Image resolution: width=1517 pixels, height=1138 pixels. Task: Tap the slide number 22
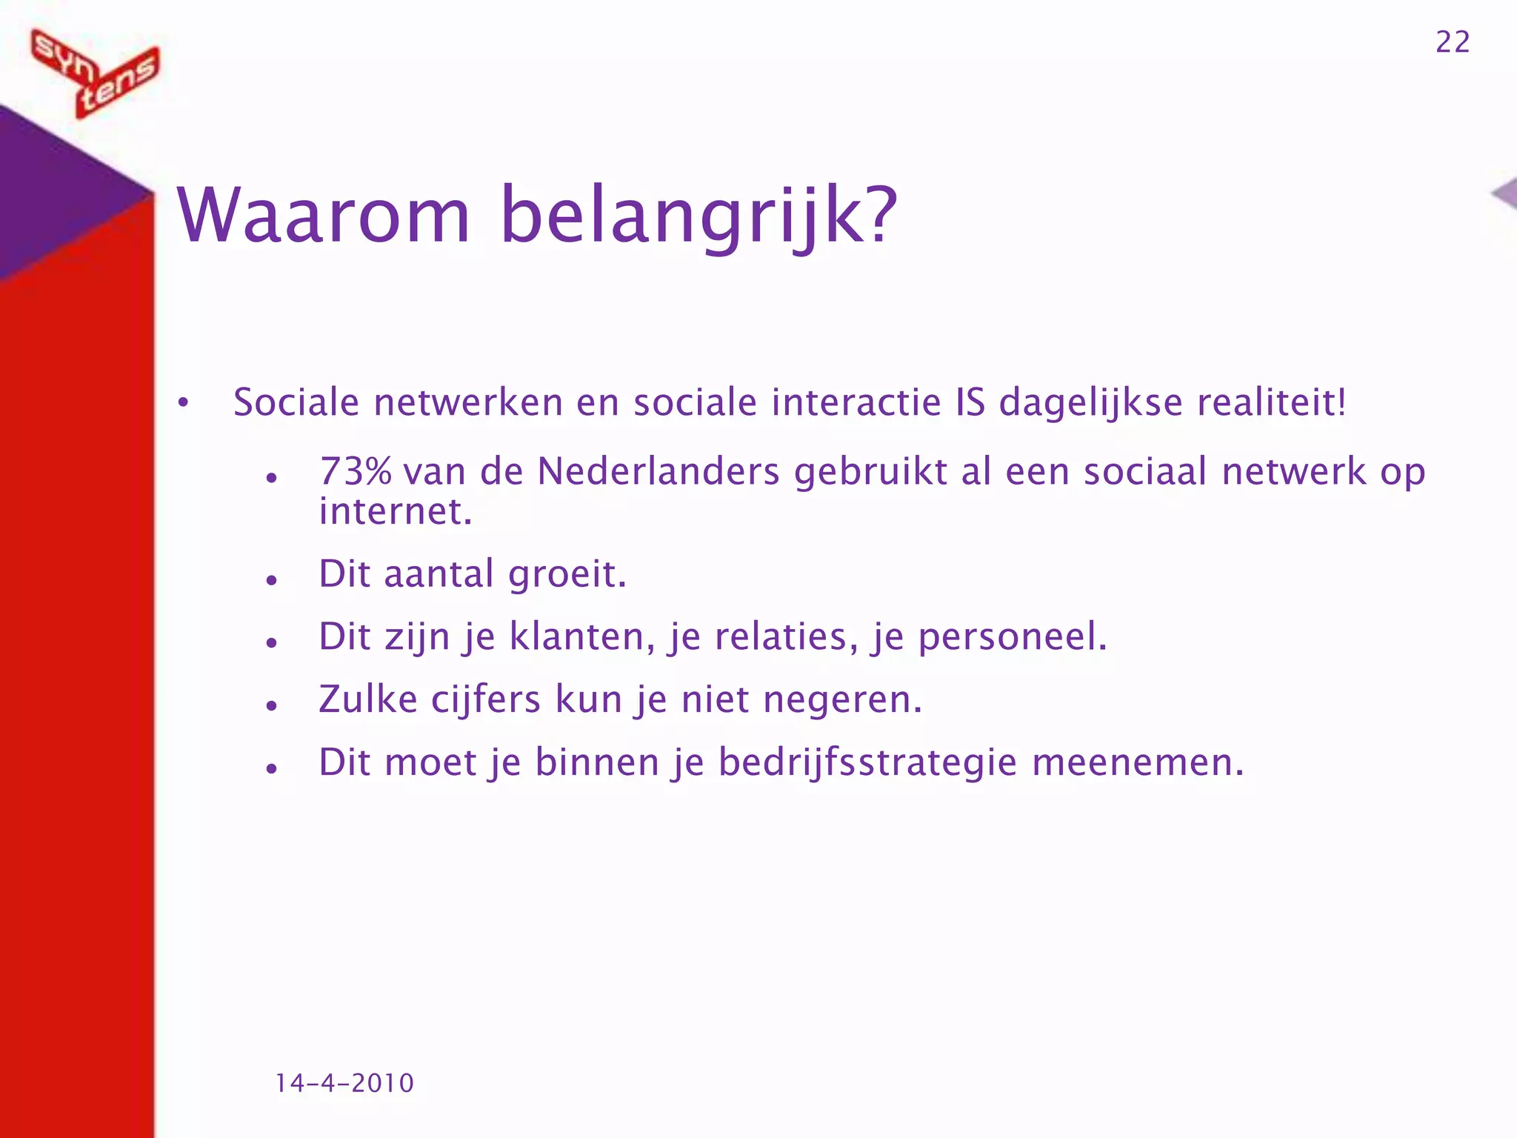point(1453,42)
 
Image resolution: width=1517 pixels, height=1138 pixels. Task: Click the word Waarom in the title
point(324,216)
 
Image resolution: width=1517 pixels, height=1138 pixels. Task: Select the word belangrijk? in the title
point(699,216)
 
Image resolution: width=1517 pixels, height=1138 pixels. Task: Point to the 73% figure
point(356,472)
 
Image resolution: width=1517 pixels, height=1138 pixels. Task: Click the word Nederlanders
point(659,472)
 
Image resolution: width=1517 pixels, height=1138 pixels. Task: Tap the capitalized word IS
point(971,403)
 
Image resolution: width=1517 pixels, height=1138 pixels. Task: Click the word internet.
point(396,512)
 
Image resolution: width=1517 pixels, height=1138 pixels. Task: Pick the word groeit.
point(567,575)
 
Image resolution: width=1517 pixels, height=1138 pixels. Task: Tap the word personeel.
point(1013,637)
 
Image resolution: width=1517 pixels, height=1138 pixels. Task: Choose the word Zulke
point(368,700)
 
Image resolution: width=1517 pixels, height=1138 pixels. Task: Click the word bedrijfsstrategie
point(867,763)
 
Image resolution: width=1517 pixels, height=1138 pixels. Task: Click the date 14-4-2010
point(344,1083)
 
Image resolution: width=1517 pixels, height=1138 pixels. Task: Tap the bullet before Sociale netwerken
point(183,404)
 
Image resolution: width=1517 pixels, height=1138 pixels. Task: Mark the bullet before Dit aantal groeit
point(272,580)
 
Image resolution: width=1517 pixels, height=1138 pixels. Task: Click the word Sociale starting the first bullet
point(296,403)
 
